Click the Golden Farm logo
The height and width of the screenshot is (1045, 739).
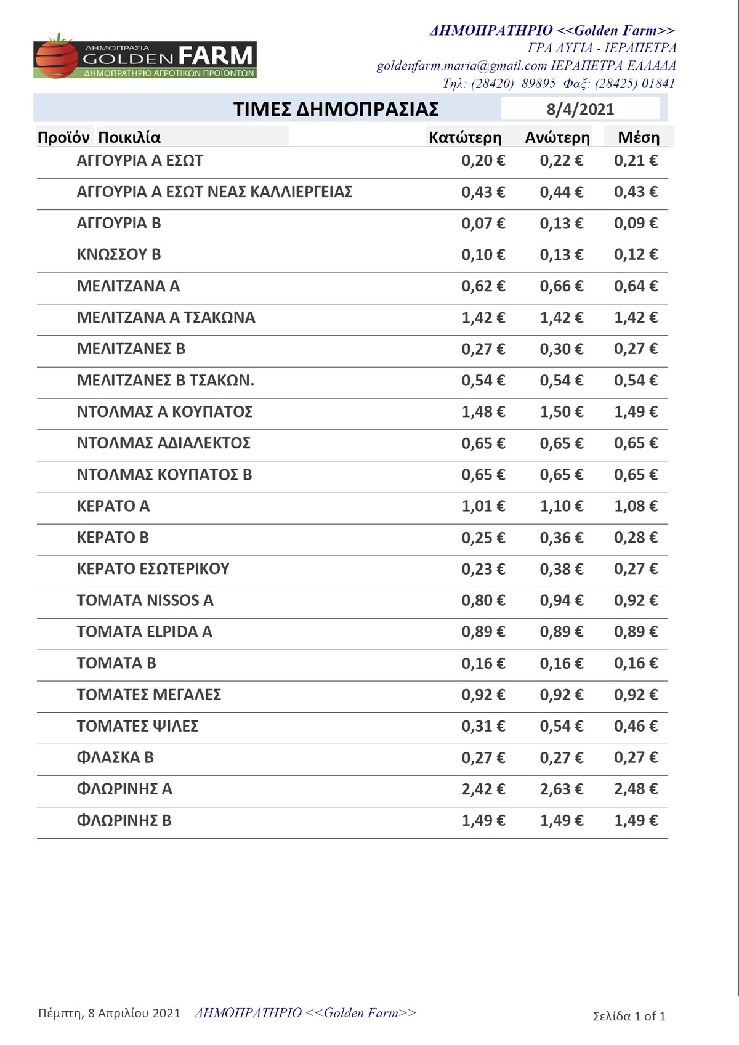[x=145, y=57]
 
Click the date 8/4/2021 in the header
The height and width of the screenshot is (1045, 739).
[x=580, y=109]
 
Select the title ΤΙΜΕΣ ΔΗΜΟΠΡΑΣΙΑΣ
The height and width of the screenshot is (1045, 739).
[x=336, y=109]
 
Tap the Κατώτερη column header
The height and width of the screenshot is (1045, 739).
[x=465, y=137]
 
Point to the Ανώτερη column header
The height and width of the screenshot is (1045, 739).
[x=557, y=137]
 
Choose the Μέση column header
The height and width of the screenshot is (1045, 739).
[x=639, y=137]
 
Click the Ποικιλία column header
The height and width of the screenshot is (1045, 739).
[x=129, y=137]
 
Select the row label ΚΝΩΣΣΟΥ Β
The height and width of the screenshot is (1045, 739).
[x=119, y=254]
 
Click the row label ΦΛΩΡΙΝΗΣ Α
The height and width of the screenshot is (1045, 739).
[x=124, y=789]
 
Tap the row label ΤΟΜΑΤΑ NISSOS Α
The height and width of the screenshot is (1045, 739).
[x=145, y=600]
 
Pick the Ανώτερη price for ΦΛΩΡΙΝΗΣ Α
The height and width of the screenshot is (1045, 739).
[x=561, y=789]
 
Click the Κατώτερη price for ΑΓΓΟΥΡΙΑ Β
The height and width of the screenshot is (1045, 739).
[x=483, y=223]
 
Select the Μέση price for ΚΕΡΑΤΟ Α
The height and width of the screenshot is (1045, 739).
[x=636, y=506]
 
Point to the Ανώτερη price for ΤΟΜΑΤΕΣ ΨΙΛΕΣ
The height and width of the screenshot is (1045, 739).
[x=561, y=726]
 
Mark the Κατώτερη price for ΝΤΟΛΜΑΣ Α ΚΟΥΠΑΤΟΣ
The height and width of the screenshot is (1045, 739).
[x=483, y=411]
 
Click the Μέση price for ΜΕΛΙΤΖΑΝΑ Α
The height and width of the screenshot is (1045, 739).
[x=636, y=286]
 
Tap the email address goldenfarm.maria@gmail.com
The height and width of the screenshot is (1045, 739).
[x=462, y=66]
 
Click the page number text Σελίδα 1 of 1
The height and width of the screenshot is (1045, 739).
[x=629, y=1016]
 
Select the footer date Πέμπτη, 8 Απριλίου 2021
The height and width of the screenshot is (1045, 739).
[x=109, y=1013]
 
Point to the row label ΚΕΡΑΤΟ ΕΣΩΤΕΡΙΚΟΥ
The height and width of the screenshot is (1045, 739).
[x=153, y=569]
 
